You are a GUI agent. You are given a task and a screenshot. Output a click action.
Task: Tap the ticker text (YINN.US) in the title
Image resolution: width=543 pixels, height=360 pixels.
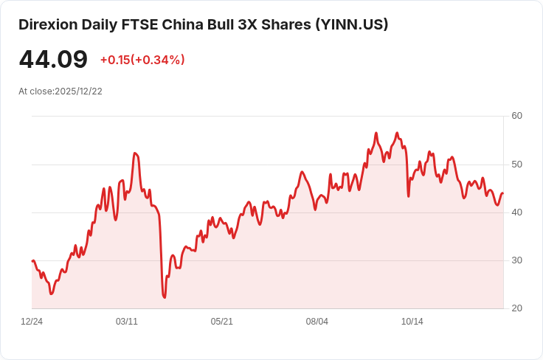pos(351,24)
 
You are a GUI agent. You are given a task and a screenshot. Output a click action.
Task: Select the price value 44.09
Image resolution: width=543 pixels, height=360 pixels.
pos(53,60)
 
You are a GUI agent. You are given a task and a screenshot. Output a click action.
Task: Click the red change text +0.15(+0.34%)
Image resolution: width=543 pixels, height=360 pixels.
pos(142,60)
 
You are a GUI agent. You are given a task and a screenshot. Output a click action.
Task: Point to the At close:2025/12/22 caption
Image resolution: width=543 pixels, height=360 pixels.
pos(60,91)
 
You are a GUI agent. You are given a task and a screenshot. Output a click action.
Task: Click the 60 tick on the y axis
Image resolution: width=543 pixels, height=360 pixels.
pos(516,116)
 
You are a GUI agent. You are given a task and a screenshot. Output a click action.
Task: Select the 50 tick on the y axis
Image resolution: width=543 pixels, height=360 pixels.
pos(516,164)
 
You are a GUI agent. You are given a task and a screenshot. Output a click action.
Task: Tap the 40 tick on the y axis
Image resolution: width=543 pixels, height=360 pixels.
pos(516,212)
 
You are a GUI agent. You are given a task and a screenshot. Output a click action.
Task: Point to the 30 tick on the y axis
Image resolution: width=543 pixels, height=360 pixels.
pos(516,260)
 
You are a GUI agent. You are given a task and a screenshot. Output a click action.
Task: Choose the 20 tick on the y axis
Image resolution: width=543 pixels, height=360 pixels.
pos(516,308)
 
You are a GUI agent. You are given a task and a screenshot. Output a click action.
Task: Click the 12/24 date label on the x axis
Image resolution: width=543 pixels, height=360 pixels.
pos(32,322)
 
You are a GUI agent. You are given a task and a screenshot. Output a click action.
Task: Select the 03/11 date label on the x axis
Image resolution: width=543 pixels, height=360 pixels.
pos(127,322)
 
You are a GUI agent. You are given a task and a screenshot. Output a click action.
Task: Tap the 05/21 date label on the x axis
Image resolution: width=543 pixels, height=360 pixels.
pos(222,322)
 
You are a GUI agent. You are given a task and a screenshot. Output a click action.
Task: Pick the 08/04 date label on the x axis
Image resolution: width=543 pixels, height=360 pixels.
pos(317,322)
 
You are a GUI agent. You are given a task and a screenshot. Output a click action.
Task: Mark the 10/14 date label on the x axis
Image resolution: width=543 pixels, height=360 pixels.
pos(412,322)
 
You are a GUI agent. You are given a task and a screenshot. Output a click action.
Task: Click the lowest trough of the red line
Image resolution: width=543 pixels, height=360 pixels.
pos(165,297)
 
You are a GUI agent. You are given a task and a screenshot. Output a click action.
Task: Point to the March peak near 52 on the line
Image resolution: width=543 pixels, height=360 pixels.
pos(134,153)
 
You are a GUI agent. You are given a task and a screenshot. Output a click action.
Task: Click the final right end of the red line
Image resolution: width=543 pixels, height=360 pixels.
pos(502,193)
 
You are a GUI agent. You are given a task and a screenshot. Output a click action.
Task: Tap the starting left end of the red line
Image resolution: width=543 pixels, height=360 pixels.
pos(32,261)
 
